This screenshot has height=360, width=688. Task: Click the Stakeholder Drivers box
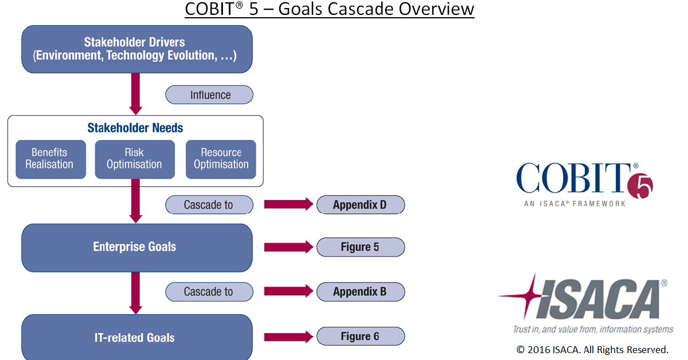point(136,49)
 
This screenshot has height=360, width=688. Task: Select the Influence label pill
point(209,95)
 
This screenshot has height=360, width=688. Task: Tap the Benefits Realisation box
point(51,159)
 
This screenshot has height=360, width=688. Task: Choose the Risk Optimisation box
point(135,159)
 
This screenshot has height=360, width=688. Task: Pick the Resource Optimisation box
point(221,159)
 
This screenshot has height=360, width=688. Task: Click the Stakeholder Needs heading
point(135,128)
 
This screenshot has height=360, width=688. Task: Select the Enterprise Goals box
point(136,247)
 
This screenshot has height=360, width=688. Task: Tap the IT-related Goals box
point(136,337)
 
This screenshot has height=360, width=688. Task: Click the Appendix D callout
point(360,205)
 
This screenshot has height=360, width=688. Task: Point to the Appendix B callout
point(360,292)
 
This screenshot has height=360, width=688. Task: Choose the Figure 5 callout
point(360,247)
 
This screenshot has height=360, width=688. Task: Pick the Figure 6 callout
point(360,336)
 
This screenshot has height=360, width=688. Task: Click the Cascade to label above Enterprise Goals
point(209,205)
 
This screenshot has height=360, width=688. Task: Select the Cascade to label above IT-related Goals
point(209,292)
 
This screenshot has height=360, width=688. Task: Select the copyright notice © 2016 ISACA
point(592,349)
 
